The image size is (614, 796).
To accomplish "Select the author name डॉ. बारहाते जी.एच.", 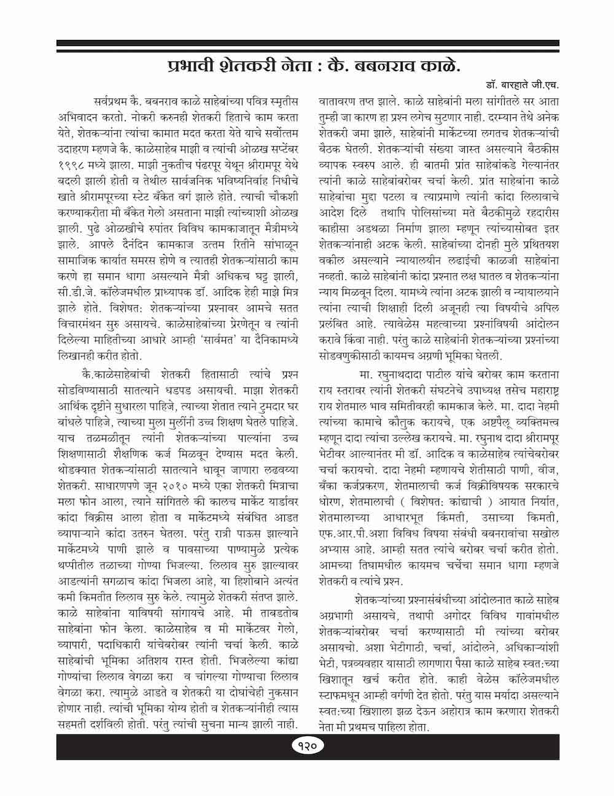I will (x=523, y=84).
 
